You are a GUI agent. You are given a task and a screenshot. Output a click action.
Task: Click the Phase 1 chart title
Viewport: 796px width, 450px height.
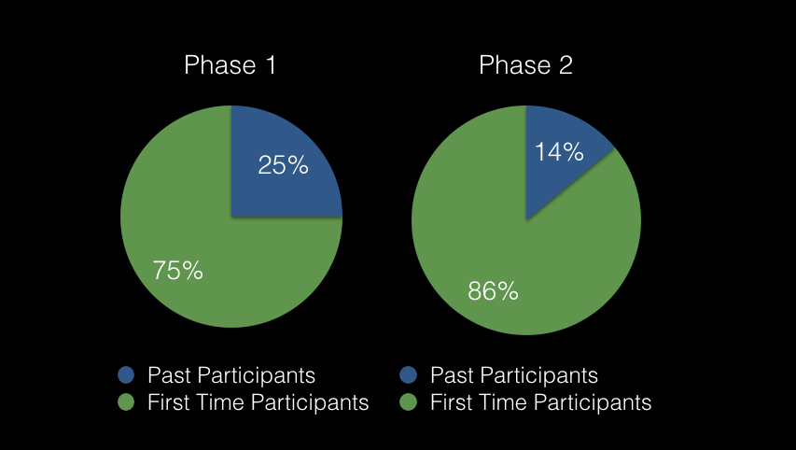pyautogui.click(x=230, y=65)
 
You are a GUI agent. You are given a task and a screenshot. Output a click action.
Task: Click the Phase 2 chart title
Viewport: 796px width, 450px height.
pyautogui.click(x=526, y=65)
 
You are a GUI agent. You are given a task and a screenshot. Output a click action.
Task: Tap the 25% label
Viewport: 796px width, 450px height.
pyautogui.click(x=284, y=165)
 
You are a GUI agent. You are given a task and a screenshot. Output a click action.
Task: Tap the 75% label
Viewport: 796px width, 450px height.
pyautogui.click(x=177, y=270)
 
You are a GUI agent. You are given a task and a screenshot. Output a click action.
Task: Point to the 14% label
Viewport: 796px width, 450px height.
pyautogui.click(x=559, y=152)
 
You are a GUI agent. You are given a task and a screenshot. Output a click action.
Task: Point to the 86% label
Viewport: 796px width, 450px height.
pyautogui.click(x=493, y=291)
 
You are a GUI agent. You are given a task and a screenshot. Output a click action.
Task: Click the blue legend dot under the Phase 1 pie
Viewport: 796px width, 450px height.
pyautogui.click(x=126, y=375)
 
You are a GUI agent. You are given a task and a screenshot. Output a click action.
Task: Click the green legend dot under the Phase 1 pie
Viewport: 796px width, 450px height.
pyautogui.click(x=126, y=402)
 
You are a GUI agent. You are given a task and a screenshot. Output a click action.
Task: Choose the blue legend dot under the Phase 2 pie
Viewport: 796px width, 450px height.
pyautogui.click(x=408, y=375)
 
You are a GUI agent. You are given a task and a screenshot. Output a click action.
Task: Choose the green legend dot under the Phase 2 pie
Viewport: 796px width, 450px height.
pyautogui.click(x=408, y=402)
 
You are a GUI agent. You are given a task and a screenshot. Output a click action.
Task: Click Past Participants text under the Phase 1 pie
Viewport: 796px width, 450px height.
pyautogui.click(x=231, y=376)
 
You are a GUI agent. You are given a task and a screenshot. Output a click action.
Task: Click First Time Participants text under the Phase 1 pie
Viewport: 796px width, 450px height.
pyautogui.click(x=258, y=402)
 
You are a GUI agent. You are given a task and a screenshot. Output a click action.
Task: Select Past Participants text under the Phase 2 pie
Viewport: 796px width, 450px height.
pyautogui.click(x=514, y=376)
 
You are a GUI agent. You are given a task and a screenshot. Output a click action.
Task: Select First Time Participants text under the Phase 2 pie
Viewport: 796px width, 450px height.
pyautogui.click(x=541, y=402)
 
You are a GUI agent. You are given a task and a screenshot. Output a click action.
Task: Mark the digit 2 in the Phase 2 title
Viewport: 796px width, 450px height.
pyautogui.click(x=566, y=65)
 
